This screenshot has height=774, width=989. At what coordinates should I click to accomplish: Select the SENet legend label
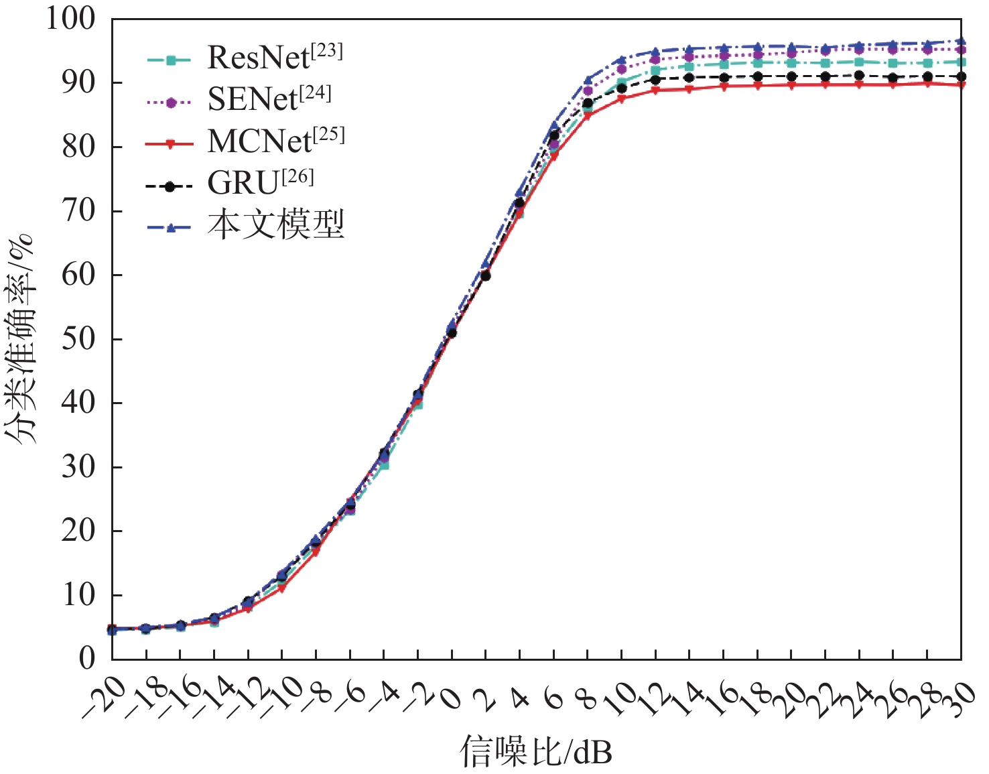pyautogui.click(x=269, y=99)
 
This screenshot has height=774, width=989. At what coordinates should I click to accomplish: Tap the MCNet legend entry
pyautogui.click(x=275, y=141)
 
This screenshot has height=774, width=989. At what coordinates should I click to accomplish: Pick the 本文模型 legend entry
pyautogui.click(x=275, y=224)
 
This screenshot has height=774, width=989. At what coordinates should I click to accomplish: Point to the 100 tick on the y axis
pyautogui.click(x=70, y=19)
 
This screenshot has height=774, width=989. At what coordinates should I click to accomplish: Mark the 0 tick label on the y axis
pyautogui.click(x=88, y=659)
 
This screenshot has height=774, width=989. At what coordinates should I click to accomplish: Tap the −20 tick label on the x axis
pyautogui.click(x=103, y=697)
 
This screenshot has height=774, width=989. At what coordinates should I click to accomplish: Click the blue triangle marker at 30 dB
pyautogui.click(x=962, y=42)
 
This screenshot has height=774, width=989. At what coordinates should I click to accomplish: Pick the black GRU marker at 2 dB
pyautogui.click(x=486, y=275)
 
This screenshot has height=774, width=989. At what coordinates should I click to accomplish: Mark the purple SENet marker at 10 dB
pyautogui.click(x=622, y=69)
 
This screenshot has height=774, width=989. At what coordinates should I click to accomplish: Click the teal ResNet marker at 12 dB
pyautogui.click(x=655, y=70)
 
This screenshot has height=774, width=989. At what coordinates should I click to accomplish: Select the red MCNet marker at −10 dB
pyautogui.click(x=282, y=588)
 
